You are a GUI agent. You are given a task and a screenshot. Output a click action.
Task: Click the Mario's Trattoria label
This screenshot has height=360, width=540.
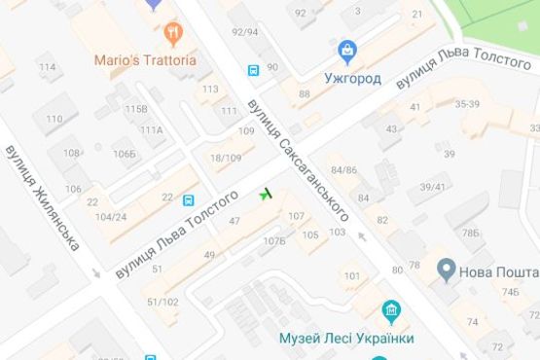(x=145, y=59)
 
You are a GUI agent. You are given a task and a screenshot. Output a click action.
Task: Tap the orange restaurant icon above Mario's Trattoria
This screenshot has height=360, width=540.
(x=174, y=34)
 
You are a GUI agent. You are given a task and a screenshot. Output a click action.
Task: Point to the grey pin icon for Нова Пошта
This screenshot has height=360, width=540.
(x=447, y=268)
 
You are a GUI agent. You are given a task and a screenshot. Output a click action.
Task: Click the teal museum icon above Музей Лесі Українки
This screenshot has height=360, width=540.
(x=393, y=312)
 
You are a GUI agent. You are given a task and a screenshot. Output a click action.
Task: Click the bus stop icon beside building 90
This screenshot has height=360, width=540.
(x=253, y=70)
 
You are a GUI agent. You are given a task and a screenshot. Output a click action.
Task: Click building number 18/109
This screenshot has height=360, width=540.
(x=226, y=158)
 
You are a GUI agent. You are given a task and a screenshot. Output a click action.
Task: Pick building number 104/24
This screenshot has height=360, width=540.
(x=112, y=217)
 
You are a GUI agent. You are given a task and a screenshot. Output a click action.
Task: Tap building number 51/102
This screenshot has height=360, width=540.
(x=162, y=302)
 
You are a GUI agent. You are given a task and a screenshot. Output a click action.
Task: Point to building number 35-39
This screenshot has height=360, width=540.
(x=467, y=103)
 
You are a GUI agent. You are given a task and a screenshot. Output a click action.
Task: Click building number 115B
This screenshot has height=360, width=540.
(x=136, y=108)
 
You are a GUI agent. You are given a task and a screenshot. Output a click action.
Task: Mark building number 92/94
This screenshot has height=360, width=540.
(x=245, y=32)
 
